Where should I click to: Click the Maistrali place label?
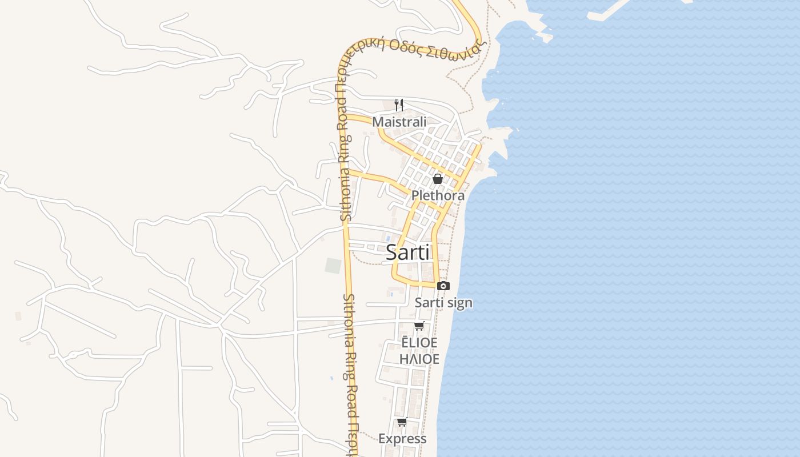399,122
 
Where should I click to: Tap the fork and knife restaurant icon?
399,105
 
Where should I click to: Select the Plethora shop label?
438,195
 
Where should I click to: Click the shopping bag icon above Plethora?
438,179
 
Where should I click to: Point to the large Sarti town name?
407,252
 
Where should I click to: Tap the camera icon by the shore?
443,286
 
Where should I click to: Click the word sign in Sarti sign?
459,303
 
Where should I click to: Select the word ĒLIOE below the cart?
419,342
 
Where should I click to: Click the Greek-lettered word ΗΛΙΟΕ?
419,359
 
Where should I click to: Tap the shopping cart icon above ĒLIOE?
419,326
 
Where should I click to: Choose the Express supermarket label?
402,439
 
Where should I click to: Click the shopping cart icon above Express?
402,422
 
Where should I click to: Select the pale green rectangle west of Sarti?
333,266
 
